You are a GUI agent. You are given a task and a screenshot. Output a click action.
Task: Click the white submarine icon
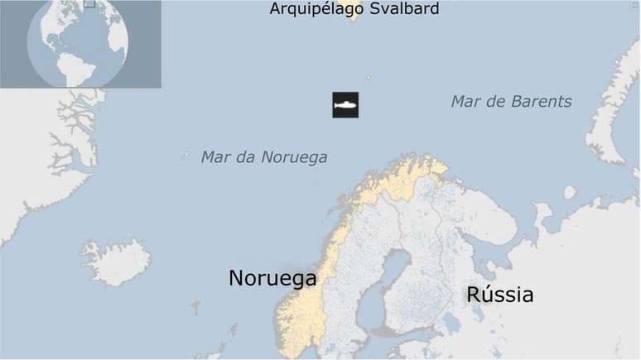pos(345,105)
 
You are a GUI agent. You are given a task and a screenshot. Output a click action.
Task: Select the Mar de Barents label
pos(511,102)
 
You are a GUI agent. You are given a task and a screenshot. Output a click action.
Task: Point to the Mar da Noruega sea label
pos(264,156)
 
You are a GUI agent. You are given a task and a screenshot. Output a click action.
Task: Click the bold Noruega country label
pos(272,278)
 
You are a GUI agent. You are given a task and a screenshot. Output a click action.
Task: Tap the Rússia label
pos(499,295)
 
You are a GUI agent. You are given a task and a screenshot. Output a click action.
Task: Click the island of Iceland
pos(116,260)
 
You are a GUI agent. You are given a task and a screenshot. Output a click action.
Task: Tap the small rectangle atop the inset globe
pos(89,3)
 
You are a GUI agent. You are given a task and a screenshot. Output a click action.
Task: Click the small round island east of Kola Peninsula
pos(570,192)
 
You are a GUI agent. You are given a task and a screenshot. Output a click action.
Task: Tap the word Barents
pos(542,102)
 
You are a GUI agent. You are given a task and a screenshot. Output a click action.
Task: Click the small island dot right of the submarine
pos(369,79)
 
